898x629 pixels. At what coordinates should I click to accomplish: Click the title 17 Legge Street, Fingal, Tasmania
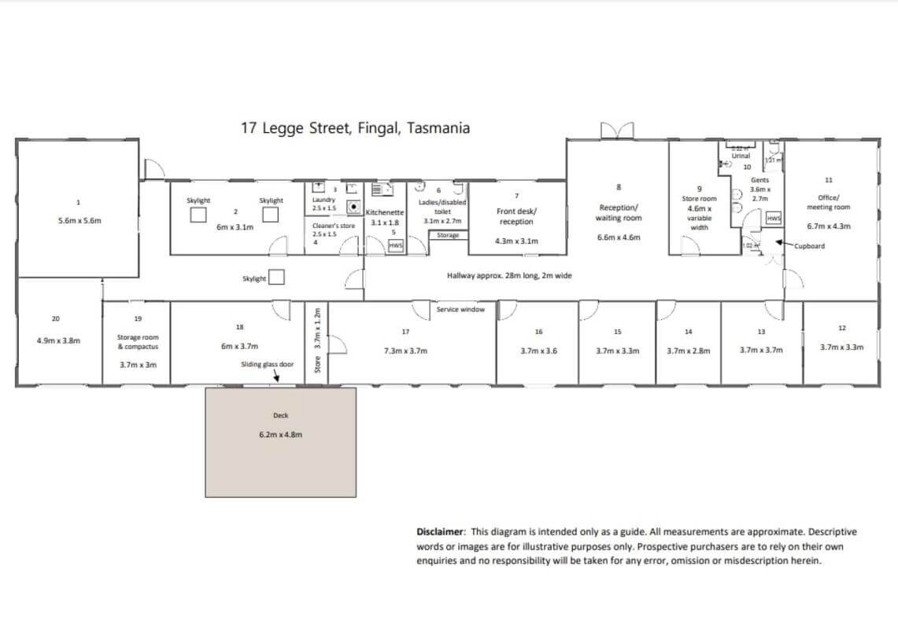point(355,128)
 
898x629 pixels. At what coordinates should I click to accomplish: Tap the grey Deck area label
point(281,415)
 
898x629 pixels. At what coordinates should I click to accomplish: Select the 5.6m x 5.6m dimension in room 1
point(79,221)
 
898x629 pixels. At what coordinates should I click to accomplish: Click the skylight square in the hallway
point(276,278)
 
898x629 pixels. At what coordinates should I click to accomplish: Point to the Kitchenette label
point(385,212)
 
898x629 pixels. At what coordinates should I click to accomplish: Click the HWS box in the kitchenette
point(396,246)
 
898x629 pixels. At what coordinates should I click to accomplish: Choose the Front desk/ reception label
point(516,216)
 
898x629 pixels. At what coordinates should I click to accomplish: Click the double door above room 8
point(616,130)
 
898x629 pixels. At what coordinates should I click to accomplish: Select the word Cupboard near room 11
point(810,246)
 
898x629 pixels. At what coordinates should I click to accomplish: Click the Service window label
point(460,310)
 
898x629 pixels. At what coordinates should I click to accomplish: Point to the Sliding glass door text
point(267,365)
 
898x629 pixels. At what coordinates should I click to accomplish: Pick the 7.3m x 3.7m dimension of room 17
point(405,351)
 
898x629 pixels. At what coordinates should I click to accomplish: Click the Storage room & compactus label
point(138,341)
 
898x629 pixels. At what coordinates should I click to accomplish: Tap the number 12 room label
point(842,327)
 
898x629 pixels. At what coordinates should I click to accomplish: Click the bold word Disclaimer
point(442,532)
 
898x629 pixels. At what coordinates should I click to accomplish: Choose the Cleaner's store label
point(333,226)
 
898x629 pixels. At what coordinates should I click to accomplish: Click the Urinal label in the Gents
point(741,156)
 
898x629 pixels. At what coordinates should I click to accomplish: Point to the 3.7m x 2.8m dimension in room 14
point(688,351)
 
